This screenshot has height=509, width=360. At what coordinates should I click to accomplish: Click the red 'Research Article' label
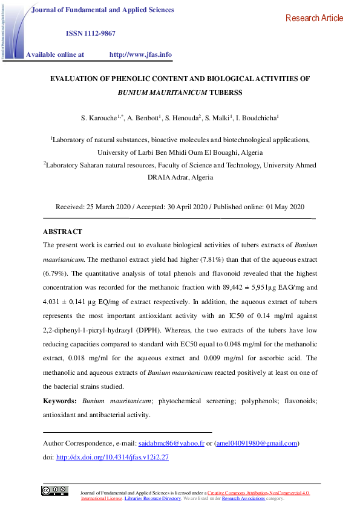(x=314, y=18)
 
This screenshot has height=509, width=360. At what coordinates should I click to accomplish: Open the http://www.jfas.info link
(x=140, y=54)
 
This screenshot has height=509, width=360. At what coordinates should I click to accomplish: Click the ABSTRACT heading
(x=62, y=232)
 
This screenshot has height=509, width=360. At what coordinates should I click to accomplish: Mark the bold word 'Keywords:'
(x=60, y=401)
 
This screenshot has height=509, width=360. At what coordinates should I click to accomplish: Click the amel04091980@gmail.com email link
(x=257, y=443)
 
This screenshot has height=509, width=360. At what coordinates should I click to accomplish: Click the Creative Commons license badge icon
(x=54, y=491)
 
